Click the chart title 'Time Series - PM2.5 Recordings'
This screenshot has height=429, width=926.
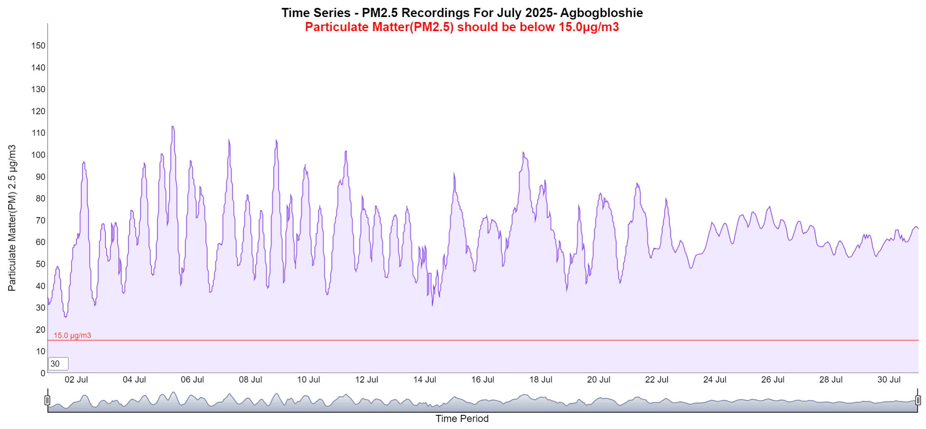pyautogui.click(x=462, y=13)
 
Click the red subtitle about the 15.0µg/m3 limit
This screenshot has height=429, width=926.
pyautogui.click(x=462, y=27)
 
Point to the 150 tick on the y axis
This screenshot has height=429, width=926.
pyautogui.click(x=38, y=46)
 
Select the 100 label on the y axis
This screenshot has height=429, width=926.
pyautogui.click(x=38, y=155)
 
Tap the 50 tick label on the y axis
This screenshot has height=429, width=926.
pyautogui.click(x=40, y=264)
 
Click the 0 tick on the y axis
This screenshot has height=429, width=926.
pyautogui.click(x=43, y=373)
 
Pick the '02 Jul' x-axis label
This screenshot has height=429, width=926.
pyautogui.click(x=76, y=380)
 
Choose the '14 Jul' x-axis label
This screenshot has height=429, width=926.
pyautogui.click(x=425, y=380)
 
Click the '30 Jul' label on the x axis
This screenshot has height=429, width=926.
pyautogui.click(x=889, y=380)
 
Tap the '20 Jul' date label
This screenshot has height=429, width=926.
pyautogui.click(x=599, y=380)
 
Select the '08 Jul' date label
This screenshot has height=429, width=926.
pyautogui.click(x=250, y=380)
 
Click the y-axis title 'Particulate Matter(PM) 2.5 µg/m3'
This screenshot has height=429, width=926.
pyautogui.click(x=12, y=218)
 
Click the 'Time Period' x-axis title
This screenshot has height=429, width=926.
pyautogui.click(x=462, y=419)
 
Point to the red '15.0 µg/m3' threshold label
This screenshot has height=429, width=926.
pyautogui.click(x=72, y=335)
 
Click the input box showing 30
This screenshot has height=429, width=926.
pyautogui.click(x=58, y=364)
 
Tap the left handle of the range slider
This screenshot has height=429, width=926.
pyautogui.click(x=47, y=400)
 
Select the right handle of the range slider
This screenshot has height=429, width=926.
pyautogui.click(x=918, y=400)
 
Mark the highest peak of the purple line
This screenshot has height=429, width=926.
pyautogui.click(x=173, y=127)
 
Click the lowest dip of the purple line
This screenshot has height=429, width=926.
pyautogui.click(x=66, y=317)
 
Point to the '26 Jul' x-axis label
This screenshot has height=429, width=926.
pyautogui.click(x=772, y=380)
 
